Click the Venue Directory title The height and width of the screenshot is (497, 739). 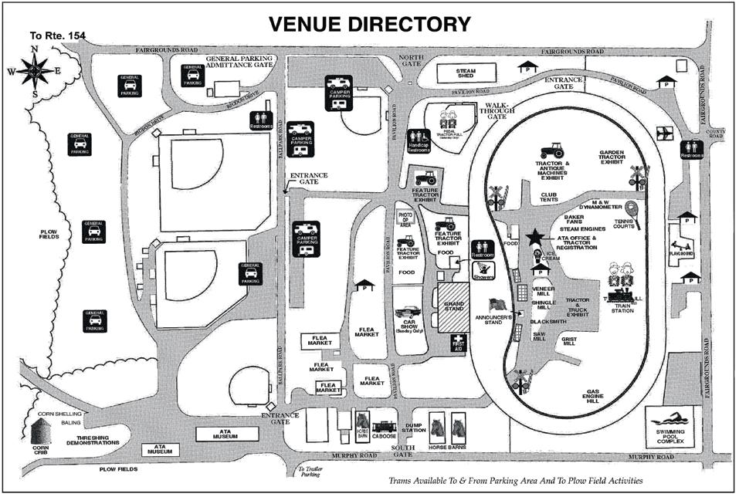click(x=369, y=23)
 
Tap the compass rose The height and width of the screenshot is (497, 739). click(x=35, y=71)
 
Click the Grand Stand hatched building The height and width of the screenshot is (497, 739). click(x=454, y=308)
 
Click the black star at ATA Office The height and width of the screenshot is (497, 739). click(x=533, y=238)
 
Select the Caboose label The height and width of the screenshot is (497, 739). click(x=383, y=437)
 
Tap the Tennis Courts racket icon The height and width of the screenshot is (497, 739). click(x=632, y=210)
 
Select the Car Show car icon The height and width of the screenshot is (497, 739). click(x=410, y=313)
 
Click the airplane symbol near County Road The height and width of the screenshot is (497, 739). click(x=663, y=133)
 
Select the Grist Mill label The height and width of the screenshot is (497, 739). click(x=570, y=340)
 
